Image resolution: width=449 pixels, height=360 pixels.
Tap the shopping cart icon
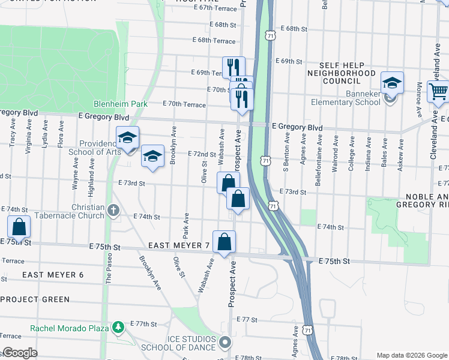tap(438, 92)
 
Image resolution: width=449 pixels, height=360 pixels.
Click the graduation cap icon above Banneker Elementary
tap(392, 82)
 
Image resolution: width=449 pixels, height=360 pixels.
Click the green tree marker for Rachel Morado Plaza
tap(118, 327)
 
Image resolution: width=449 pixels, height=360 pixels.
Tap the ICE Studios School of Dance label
tap(178, 343)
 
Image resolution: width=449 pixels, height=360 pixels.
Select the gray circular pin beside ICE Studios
tap(226, 343)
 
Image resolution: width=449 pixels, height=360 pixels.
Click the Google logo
tap(19, 353)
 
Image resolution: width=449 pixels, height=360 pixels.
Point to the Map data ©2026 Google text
tap(412, 355)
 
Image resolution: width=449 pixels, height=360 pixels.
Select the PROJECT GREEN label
tap(35, 299)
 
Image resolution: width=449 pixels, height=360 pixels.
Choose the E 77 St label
tap(247, 319)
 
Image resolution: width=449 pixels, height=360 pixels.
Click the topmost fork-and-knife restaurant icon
tap(234, 67)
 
